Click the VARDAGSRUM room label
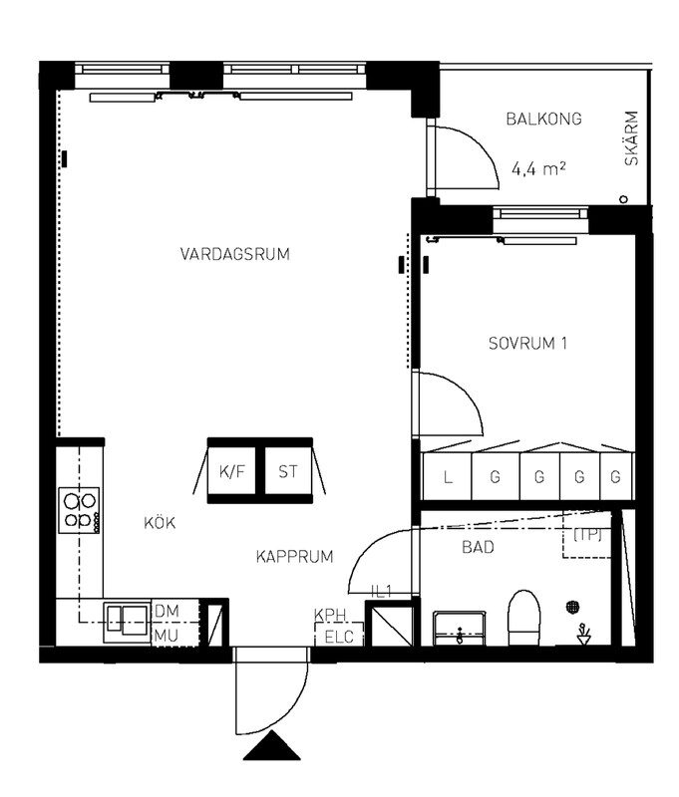click(235, 254)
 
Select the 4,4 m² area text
click(538, 168)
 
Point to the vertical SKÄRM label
click(631, 138)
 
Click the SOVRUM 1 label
click(527, 344)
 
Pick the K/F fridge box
click(232, 471)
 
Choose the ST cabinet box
click(288, 471)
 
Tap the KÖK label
click(160, 522)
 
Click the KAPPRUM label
click(294, 557)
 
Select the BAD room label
click(478, 547)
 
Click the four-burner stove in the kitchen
click(79, 510)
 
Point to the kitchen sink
click(128, 623)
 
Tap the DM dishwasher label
click(167, 612)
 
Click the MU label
click(167, 636)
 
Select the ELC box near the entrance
click(339, 636)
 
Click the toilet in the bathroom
click(523, 618)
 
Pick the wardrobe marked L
click(447, 477)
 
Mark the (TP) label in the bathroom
click(587, 535)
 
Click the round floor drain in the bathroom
click(573, 607)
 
